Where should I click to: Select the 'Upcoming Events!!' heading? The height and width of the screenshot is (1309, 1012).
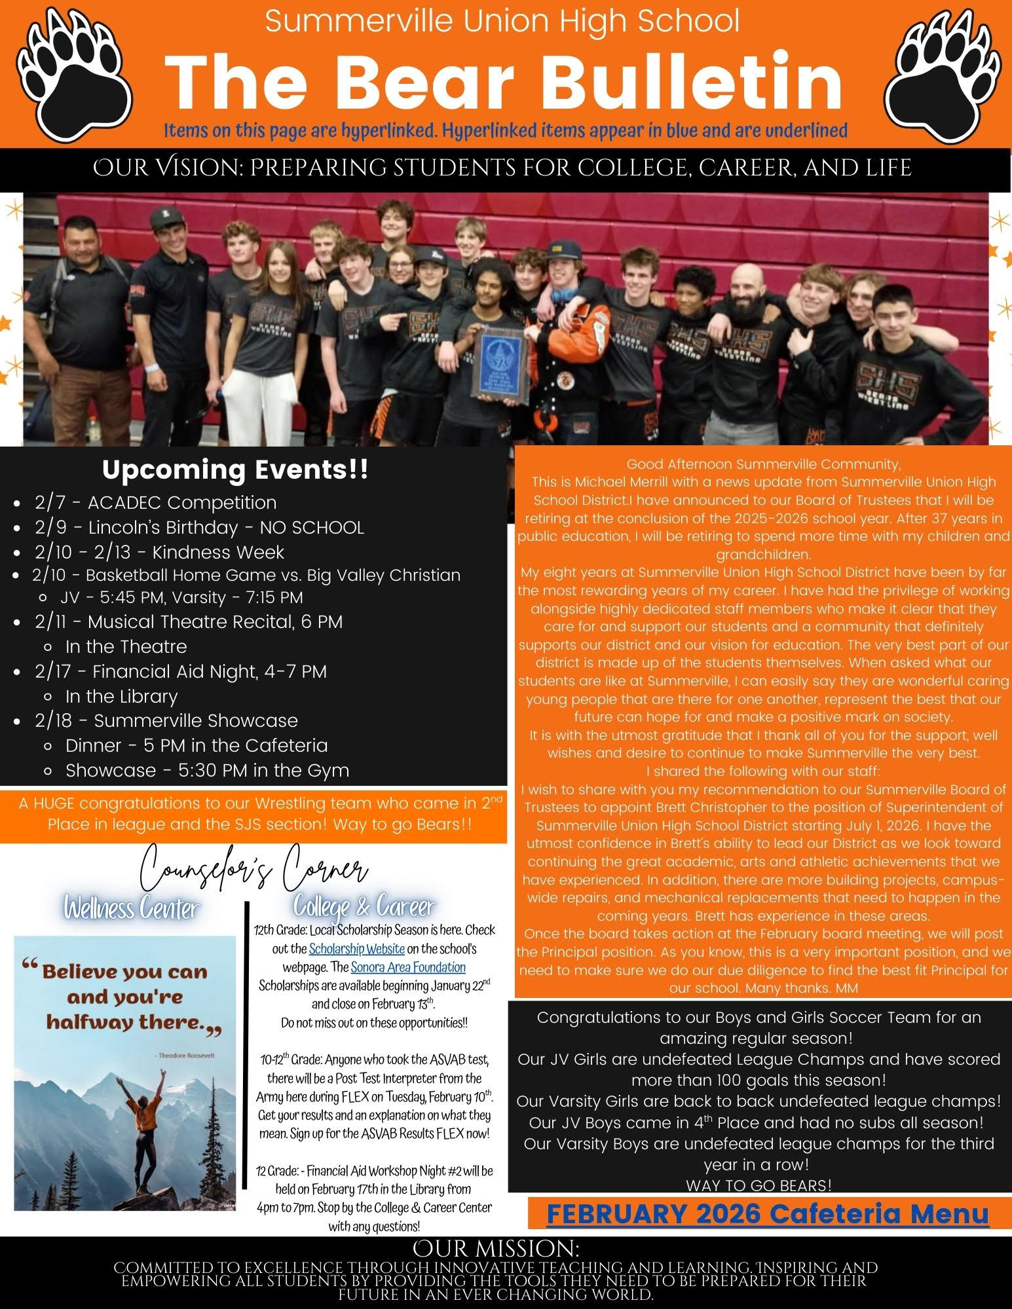(235, 470)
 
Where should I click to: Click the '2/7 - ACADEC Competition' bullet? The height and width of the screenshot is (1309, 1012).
(155, 502)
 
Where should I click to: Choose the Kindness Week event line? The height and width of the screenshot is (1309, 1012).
(159, 552)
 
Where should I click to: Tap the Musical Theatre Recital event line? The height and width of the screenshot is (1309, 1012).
(189, 621)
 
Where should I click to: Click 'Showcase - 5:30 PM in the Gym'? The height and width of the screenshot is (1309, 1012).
(207, 770)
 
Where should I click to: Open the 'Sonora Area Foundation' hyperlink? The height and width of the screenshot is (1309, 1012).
(408, 967)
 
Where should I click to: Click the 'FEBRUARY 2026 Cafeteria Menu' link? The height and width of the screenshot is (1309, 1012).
(767, 1214)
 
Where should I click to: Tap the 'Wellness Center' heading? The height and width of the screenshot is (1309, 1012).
(132, 909)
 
